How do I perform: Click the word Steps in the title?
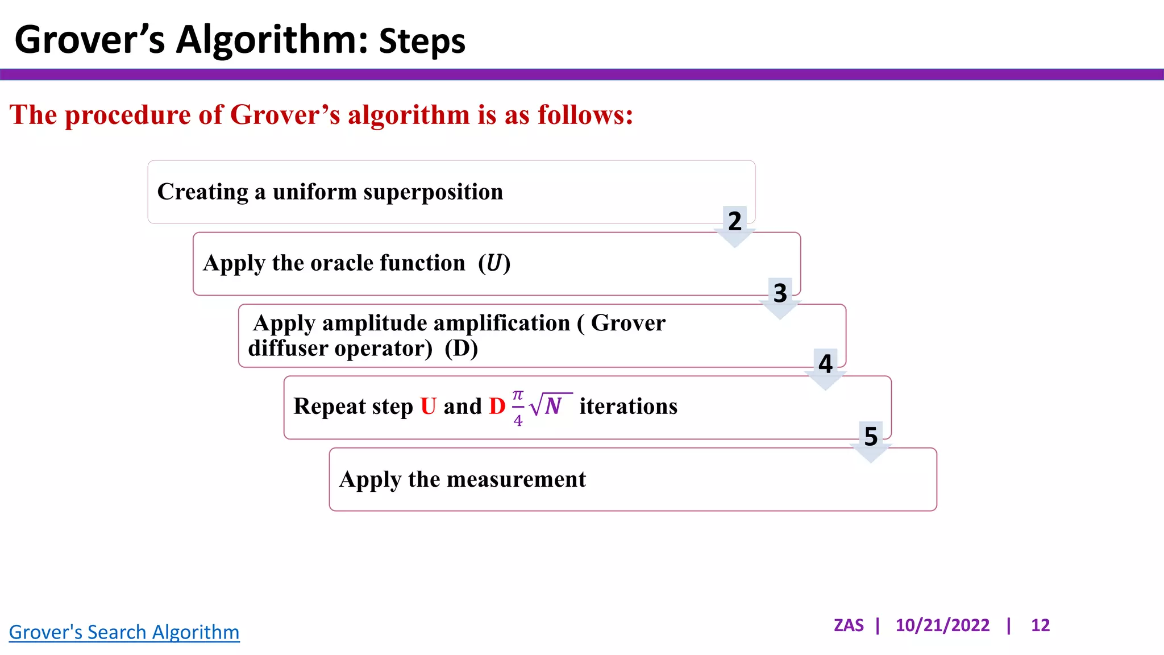point(422,42)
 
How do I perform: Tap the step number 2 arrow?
point(735,225)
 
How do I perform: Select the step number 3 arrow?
point(780,297)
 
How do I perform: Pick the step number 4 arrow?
point(825,368)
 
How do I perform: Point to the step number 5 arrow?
point(871,440)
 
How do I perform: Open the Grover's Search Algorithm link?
point(124,632)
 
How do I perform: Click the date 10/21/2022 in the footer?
point(942,625)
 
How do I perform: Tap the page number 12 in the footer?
point(1040,625)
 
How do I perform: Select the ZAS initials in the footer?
point(849,625)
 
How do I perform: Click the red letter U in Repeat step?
point(428,407)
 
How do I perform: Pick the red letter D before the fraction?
point(497,407)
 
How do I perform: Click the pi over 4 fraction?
point(518,408)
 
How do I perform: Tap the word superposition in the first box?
point(433,192)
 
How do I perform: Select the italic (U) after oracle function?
point(494,263)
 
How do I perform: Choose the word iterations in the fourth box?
point(628,407)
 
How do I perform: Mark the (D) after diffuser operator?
point(461,348)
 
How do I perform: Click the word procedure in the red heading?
point(128,115)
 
